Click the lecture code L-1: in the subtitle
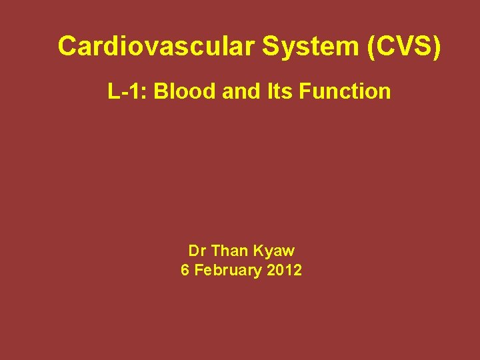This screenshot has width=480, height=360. pyautogui.click(x=127, y=91)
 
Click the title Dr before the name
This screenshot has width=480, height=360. pyautogui.click(x=197, y=251)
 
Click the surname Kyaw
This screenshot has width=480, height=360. pyautogui.click(x=275, y=252)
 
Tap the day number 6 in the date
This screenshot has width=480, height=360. pyautogui.click(x=185, y=271)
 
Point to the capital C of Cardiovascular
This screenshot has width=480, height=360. pyautogui.click(x=67, y=47)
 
